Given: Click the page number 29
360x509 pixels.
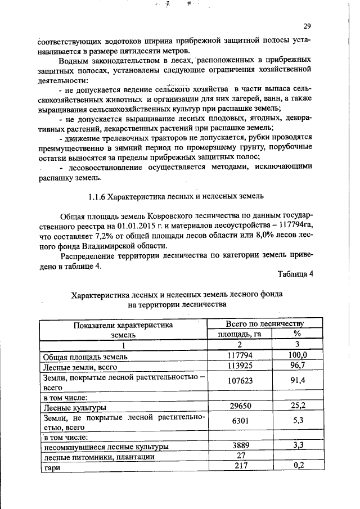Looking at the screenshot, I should pos(307,25).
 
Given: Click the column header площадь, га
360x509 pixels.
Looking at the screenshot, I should pos(240,334).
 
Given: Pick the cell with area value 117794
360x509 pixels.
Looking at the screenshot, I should pos(239,355).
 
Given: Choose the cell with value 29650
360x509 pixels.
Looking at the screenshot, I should pos(239,407).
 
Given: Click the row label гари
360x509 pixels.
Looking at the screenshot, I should pos(52,467).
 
